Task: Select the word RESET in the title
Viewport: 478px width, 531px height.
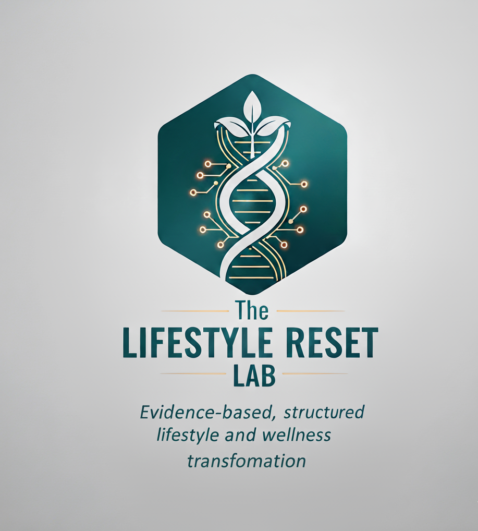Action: [336, 344]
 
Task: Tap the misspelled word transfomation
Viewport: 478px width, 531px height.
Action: [246, 461]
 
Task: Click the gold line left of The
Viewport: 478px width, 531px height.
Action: [195, 311]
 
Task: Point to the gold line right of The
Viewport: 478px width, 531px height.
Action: [310, 311]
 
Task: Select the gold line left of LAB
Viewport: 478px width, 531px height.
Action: [193, 373]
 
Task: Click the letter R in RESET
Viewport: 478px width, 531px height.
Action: [303, 344]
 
